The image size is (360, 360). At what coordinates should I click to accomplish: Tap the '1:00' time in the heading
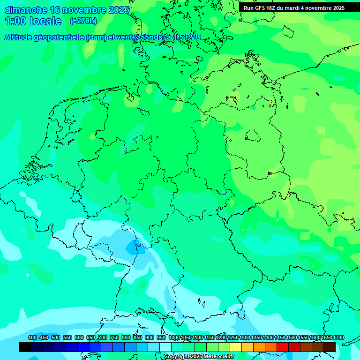pos(15,21)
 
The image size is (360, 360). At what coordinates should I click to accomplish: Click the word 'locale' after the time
pos(45,21)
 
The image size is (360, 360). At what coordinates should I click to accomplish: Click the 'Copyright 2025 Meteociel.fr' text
pos(199,357)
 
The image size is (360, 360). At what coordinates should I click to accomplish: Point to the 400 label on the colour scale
pos(32,337)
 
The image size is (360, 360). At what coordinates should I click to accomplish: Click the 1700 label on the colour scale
pos(338,337)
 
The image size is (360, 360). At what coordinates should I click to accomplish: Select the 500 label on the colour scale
pos(56,337)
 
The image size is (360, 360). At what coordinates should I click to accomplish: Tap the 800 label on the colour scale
pos(126,337)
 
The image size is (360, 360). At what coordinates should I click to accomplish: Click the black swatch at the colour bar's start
pos(25,347)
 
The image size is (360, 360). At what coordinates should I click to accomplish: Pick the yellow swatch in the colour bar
pos(236,347)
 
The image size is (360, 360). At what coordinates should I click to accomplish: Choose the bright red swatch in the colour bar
pos(283,347)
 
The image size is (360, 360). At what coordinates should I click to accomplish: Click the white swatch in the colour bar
pos(165,347)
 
